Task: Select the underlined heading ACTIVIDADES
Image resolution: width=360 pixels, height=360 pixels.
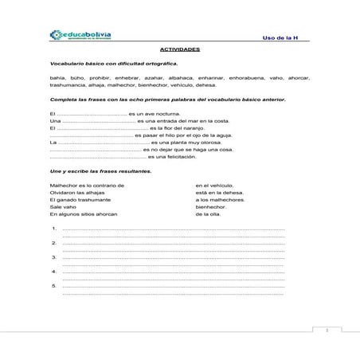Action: coord(179,49)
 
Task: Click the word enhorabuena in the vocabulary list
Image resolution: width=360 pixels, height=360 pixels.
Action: coord(249,78)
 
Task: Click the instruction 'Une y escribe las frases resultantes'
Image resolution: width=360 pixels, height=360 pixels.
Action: coord(100,171)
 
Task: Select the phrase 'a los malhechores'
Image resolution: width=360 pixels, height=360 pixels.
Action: coord(220,199)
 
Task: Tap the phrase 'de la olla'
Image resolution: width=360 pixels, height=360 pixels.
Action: coord(209,213)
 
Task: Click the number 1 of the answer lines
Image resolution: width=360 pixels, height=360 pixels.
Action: coord(53,229)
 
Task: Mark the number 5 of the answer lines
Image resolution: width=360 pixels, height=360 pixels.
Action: coord(53,285)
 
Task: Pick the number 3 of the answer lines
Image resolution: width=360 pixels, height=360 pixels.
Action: coord(53,256)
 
